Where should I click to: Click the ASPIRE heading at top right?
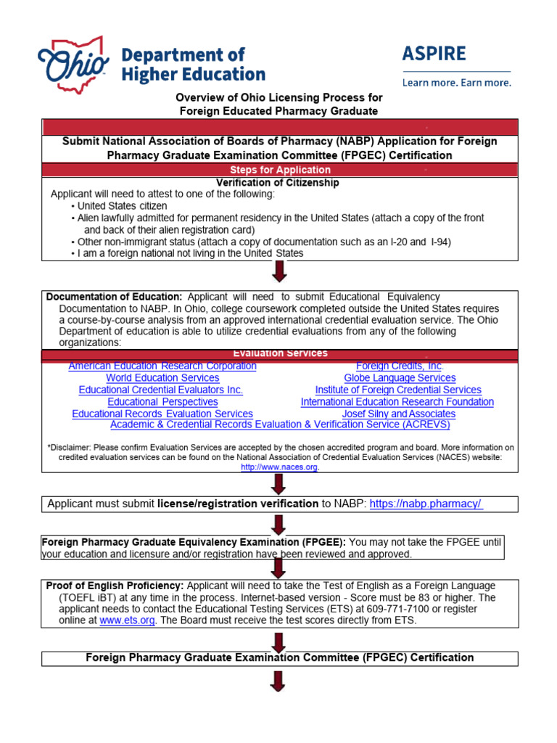point(434,54)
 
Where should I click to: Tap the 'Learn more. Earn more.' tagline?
point(456,83)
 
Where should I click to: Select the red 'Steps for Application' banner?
point(280,170)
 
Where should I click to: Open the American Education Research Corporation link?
point(162,366)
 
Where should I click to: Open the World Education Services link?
point(162,377)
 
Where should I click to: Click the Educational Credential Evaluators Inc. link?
point(161,390)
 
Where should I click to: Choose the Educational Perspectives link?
point(162,401)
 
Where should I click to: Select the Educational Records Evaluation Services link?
point(162,414)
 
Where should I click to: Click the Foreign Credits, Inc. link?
point(400,366)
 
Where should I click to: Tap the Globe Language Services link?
point(400,377)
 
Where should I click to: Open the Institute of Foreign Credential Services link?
point(398,390)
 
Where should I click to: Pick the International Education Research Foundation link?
point(397,401)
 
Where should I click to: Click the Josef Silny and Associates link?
point(399,414)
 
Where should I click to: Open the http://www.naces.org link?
point(279,467)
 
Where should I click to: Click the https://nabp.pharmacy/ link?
point(426,504)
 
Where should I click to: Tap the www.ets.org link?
point(127,621)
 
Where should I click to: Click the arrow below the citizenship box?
point(279,273)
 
